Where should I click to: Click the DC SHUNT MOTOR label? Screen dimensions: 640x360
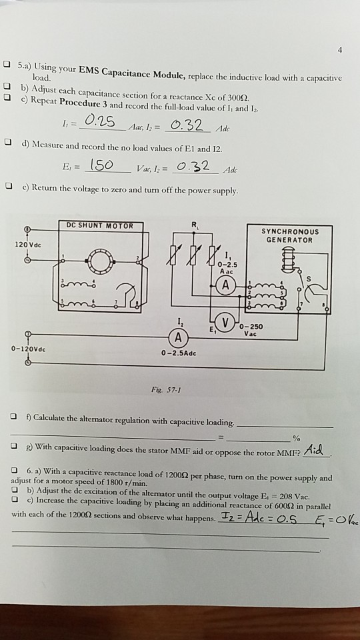[100, 226]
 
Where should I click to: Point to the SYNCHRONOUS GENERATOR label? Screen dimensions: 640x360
[291, 235]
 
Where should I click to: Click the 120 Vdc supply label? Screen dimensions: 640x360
[23, 245]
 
